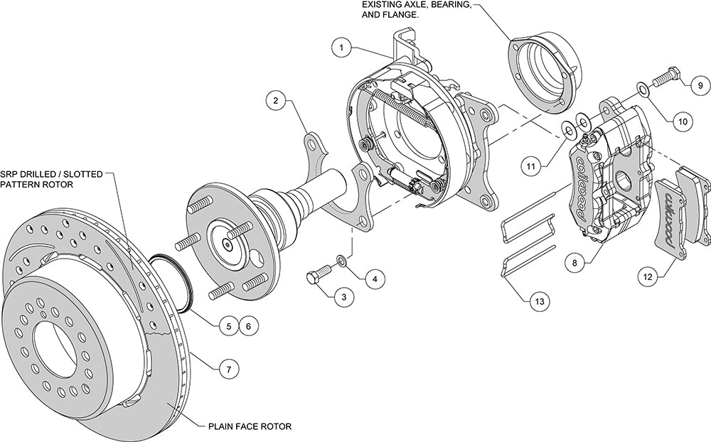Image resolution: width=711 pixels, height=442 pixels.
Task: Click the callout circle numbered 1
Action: pos(342,48)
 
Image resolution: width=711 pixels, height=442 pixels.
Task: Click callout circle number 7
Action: pos(228,370)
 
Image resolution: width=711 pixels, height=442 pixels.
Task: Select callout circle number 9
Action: pos(698,85)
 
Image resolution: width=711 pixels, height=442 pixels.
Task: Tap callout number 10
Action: pos(682,121)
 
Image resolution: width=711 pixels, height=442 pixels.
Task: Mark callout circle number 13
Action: pos(538,301)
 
